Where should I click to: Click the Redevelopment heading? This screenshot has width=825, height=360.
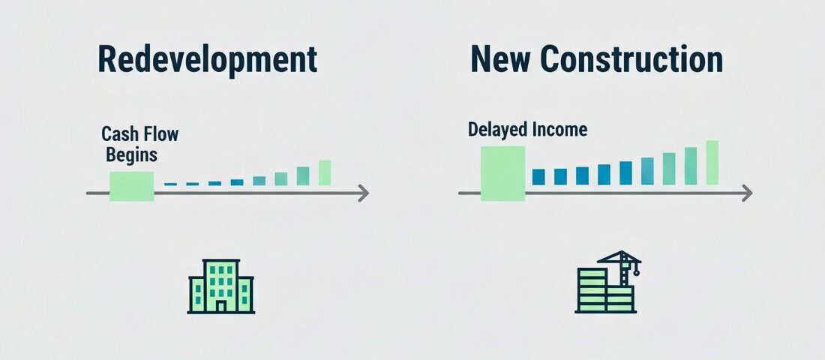[207, 60]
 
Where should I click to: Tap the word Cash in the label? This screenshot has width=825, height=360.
[118, 136]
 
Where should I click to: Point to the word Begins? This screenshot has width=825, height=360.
[131, 155]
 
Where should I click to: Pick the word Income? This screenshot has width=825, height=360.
[560, 129]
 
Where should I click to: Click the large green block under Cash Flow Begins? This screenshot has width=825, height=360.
[131, 186]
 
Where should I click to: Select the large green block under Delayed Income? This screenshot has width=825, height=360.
[502, 173]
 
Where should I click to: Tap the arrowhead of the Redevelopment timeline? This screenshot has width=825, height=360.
[364, 193]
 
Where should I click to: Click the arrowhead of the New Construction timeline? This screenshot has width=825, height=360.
[746, 193]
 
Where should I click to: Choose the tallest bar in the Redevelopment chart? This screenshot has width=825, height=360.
[325, 172]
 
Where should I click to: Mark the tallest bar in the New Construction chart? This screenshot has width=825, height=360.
[712, 163]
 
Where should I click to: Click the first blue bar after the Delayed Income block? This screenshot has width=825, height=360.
[538, 177]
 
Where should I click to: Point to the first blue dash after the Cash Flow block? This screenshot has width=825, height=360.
[170, 184]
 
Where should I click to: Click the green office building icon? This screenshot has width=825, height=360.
[221, 286]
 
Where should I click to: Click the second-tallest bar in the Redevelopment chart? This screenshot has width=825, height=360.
[303, 176]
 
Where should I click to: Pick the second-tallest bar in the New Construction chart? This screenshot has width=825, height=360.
[691, 166]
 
